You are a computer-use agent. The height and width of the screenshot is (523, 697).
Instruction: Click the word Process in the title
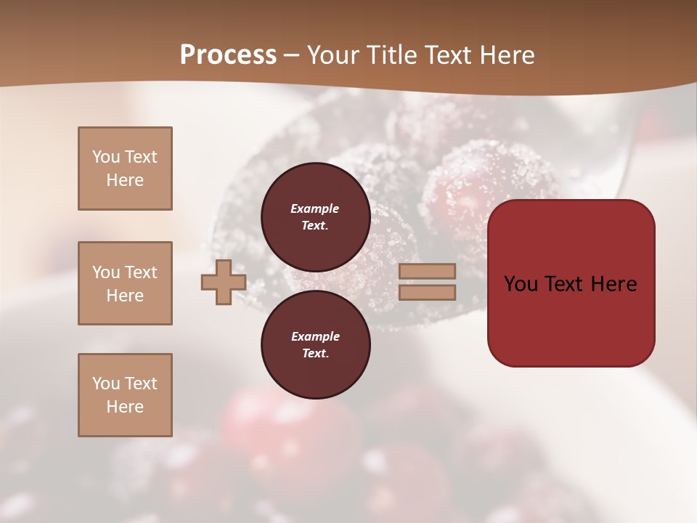click(x=228, y=55)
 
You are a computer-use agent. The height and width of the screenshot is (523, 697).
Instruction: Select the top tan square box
click(x=125, y=169)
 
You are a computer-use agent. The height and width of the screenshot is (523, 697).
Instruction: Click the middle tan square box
click(x=125, y=283)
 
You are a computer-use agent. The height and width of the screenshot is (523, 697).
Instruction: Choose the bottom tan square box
click(x=125, y=395)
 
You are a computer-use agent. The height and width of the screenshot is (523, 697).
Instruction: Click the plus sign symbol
click(x=224, y=282)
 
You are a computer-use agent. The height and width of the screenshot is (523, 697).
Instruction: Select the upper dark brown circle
click(x=315, y=217)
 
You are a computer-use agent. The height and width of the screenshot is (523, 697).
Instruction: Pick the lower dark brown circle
click(x=315, y=345)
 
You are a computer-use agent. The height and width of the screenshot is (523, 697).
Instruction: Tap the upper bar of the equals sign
click(x=427, y=271)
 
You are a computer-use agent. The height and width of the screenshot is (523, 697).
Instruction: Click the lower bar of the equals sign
click(x=427, y=292)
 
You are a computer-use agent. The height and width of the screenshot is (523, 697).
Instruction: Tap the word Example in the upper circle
click(x=314, y=208)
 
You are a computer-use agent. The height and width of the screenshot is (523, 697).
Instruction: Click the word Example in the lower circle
click(x=314, y=336)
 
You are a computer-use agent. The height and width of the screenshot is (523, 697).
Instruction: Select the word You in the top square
click(x=105, y=157)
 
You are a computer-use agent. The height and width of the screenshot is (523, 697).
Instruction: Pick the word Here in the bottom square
click(x=125, y=407)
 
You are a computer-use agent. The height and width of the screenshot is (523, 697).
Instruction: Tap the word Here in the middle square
click(x=125, y=296)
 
